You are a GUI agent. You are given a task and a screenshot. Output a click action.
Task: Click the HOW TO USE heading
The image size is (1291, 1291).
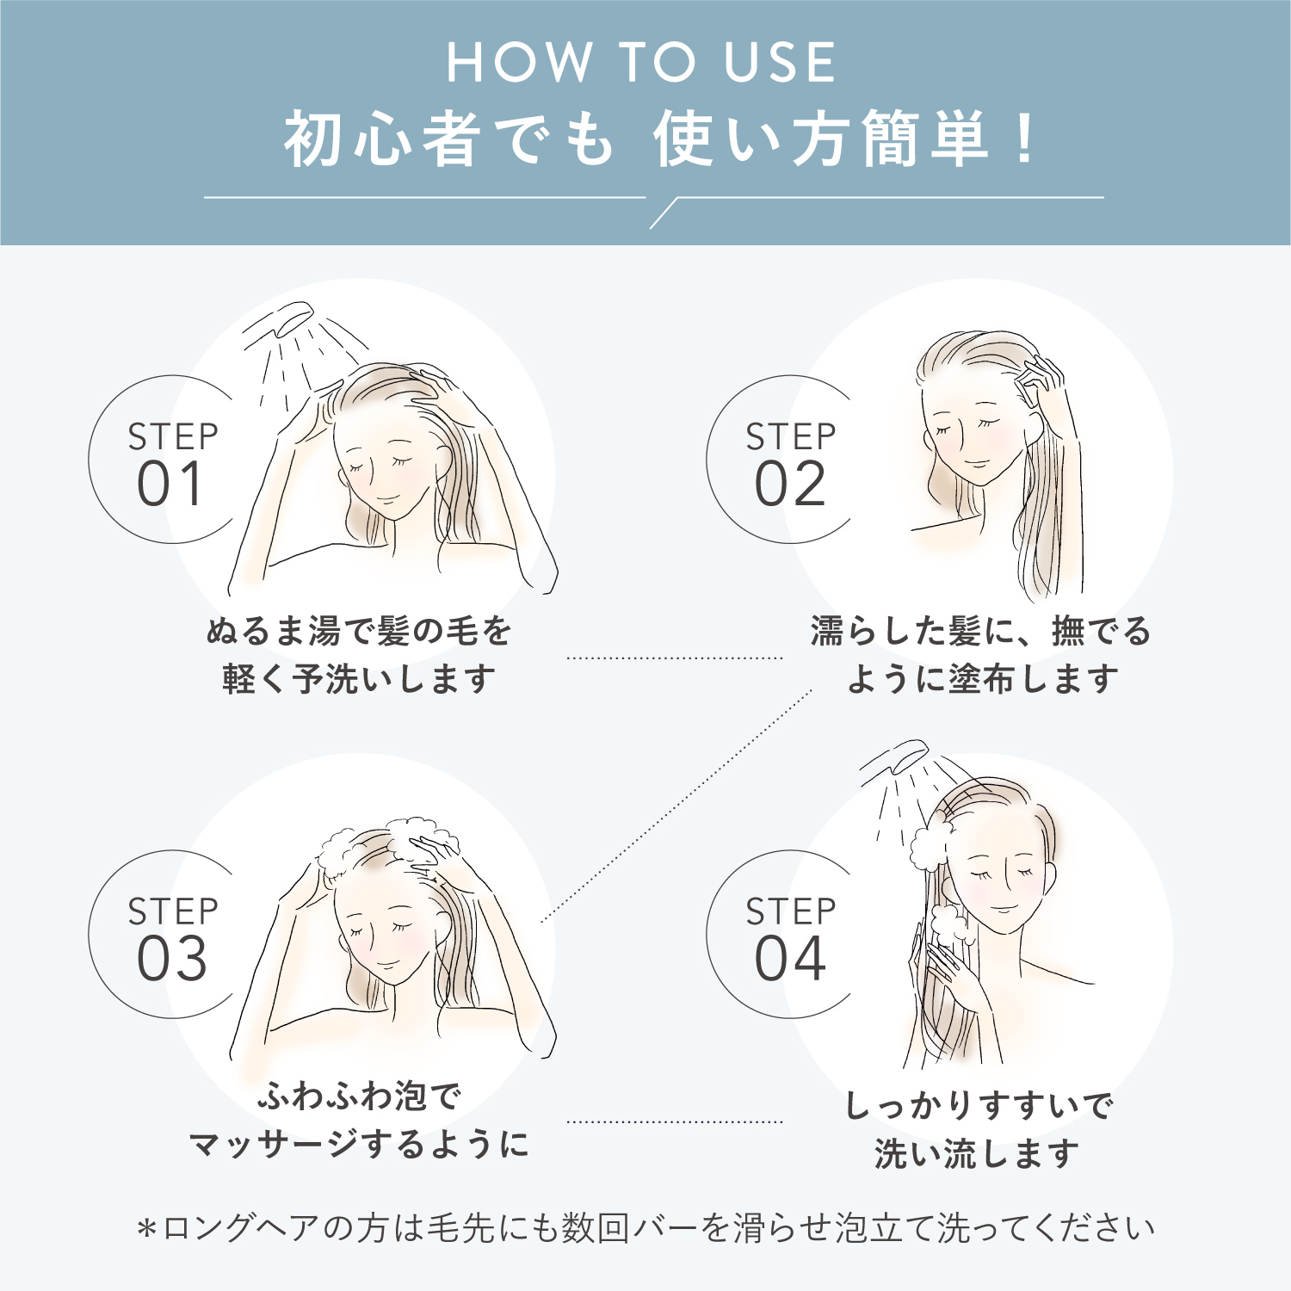click(641, 62)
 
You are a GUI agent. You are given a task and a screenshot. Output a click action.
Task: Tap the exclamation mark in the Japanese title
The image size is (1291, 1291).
click(1024, 138)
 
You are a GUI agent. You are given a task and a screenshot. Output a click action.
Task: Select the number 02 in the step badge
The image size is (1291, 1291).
click(790, 485)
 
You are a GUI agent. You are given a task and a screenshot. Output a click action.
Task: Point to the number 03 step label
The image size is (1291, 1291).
click(172, 959)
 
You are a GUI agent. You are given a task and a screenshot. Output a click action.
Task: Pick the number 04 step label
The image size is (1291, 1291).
click(790, 959)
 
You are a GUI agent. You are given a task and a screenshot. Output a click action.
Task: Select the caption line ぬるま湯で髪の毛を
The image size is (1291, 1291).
click(359, 632)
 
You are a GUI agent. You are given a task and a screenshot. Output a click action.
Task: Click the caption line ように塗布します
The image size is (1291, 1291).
click(982, 679)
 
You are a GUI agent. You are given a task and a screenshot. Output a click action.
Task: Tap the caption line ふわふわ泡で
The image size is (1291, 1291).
click(360, 1096)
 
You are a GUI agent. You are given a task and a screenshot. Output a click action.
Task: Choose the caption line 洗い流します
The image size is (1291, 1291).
click(977, 1154)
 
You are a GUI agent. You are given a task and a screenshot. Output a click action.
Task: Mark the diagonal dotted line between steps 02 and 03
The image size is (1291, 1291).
click(676, 806)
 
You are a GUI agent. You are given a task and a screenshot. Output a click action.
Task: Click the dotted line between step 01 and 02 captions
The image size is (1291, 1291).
click(675, 658)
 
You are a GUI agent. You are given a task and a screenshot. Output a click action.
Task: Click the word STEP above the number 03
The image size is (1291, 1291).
click(173, 911)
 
